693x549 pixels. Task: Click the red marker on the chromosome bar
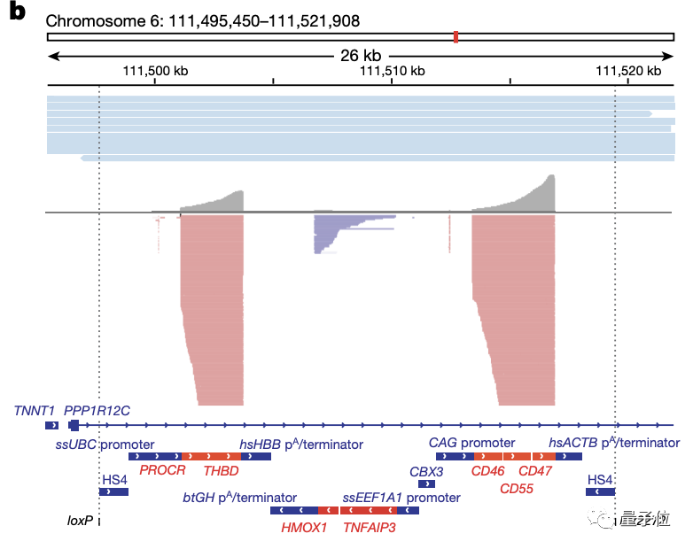456,36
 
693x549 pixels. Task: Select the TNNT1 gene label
35,411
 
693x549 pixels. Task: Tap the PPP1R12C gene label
97,411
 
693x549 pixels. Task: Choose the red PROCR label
160,471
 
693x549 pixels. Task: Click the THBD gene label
221,471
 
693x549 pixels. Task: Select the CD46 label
487,471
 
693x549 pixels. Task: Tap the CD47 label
535,471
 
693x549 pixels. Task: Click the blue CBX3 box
426,484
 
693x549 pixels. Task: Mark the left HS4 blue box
114,491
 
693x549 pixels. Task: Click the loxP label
81,522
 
